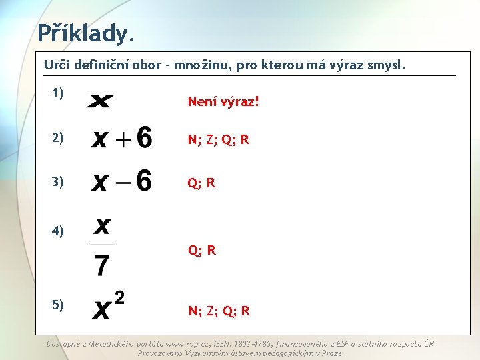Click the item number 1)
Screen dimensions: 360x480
[x=57, y=93]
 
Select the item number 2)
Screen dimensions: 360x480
[x=57, y=138]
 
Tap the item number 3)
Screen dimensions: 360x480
[x=57, y=181]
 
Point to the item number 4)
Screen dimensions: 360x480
[x=57, y=231]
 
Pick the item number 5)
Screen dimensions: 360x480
[x=57, y=305]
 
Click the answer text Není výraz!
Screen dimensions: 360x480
[x=223, y=102]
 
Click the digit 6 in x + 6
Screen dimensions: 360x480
[x=143, y=139]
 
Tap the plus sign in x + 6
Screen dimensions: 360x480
[x=121, y=140]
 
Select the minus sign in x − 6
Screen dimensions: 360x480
[x=121, y=182]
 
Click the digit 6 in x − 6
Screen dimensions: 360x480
[x=143, y=181]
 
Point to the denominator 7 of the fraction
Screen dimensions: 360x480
[x=102, y=265]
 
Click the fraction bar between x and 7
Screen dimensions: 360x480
[x=102, y=245]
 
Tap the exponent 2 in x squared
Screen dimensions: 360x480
[x=119, y=297]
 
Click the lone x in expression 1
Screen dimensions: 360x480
[x=100, y=101]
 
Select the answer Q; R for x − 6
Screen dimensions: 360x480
[x=201, y=183]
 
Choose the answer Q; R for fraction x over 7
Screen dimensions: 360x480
[x=201, y=251]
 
